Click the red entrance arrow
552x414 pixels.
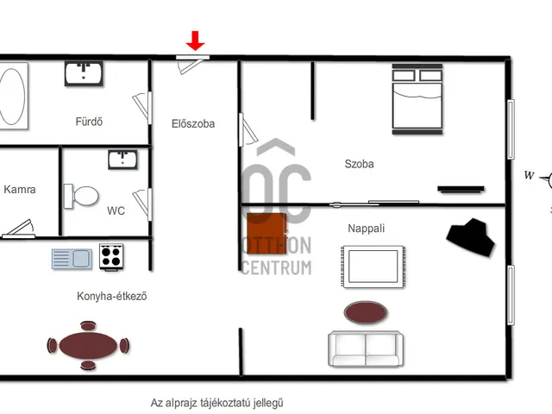195,41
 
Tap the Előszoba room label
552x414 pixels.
193,123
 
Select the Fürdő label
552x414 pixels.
89,122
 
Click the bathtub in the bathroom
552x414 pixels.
13,96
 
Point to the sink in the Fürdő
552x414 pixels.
84,73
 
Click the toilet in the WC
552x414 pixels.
81,196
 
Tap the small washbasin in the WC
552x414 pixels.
122,160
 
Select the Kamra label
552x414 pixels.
20,190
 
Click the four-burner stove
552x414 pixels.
111,257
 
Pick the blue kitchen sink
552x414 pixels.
72,259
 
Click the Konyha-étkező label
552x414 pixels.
111,296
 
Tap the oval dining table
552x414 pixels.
88,345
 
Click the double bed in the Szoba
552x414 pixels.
417,99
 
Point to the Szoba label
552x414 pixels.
359,164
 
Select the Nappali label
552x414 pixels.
366,228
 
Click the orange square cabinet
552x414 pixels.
267,234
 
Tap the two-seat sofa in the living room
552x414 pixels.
366,348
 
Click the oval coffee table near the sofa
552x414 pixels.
366,312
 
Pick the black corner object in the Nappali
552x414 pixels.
470,237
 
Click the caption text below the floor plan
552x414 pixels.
216,403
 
